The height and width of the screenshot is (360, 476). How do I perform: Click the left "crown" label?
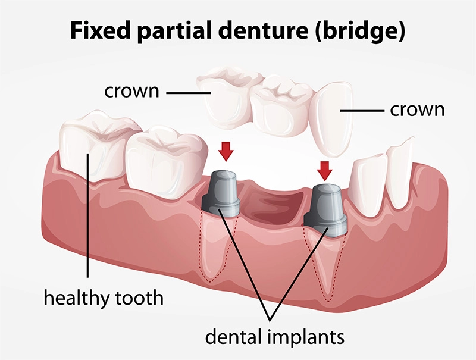(x=131, y=93)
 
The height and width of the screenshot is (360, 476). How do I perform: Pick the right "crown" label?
(x=416, y=110)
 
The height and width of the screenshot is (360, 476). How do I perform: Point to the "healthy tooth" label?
(x=103, y=296)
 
